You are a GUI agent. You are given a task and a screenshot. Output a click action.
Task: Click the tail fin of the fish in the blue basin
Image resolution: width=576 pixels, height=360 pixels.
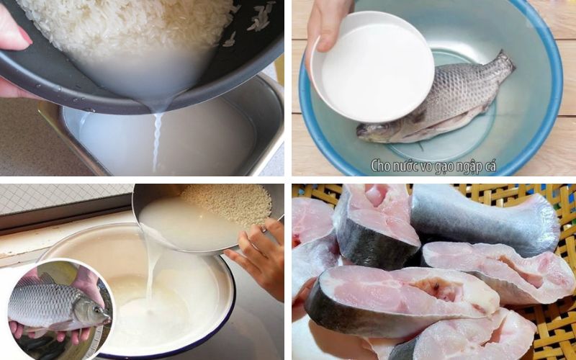500,68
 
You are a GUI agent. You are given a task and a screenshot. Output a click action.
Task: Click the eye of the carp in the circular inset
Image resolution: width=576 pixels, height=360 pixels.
96,310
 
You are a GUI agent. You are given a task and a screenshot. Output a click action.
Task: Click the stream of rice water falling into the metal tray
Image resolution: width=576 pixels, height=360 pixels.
156,140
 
